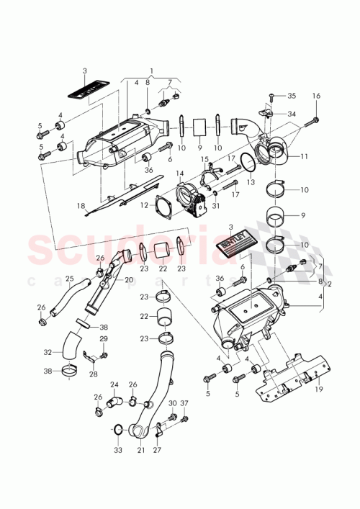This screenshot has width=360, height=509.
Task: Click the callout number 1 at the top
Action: (x=151, y=72)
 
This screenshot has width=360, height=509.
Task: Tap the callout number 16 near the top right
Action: (x=315, y=96)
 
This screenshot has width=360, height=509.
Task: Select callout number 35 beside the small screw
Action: (x=292, y=95)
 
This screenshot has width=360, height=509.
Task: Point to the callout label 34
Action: (x=292, y=114)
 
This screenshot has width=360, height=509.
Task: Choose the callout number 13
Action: (x=251, y=183)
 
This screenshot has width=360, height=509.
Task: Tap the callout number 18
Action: (x=81, y=206)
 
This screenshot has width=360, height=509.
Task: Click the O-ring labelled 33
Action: (x=117, y=431)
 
